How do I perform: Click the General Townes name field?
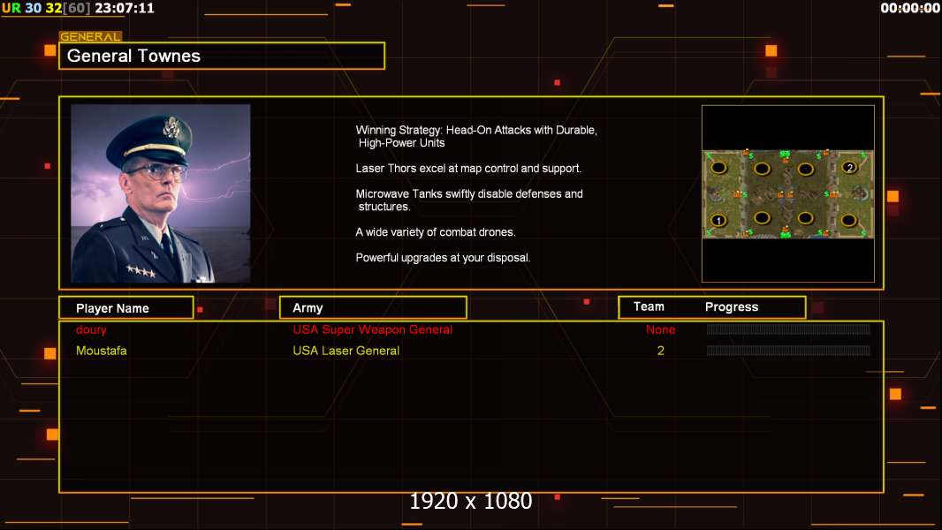tap(222, 56)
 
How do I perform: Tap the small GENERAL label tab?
tap(91, 36)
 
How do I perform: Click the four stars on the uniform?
tap(141, 270)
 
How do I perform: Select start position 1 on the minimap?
tap(718, 220)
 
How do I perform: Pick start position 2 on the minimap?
tap(849, 168)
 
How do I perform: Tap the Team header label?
tap(649, 307)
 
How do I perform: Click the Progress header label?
tap(731, 307)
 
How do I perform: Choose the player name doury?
tap(91, 330)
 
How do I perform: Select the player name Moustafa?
tap(102, 351)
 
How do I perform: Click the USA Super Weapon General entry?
tap(373, 329)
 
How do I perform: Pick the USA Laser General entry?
tap(346, 351)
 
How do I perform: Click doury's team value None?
tap(660, 329)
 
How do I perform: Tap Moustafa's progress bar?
tap(788, 351)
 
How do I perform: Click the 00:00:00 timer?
tap(910, 9)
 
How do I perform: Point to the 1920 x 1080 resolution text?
tap(470, 501)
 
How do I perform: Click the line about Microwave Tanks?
tap(469, 200)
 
